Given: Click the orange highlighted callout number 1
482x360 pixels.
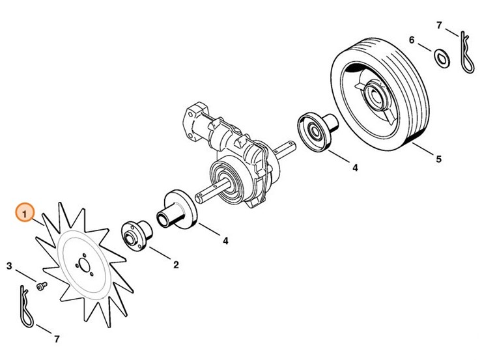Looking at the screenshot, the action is (x=25, y=212).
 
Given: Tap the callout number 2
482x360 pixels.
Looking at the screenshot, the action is (x=176, y=265).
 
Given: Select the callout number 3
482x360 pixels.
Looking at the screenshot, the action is (x=9, y=266).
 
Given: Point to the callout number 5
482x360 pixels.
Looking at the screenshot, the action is (x=438, y=159).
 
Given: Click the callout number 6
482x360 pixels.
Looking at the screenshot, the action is (x=412, y=40).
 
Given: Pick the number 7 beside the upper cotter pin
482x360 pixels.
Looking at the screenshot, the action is (x=439, y=25).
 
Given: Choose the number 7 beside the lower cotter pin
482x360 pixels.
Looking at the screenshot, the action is (x=57, y=339).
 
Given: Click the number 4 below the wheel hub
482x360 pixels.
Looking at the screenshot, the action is (x=355, y=168).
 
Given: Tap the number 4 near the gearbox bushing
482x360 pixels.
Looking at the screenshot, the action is (x=225, y=241).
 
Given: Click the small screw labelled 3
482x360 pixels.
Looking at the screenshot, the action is (x=42, y=286).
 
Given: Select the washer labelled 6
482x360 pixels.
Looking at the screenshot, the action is (x=442, y=59).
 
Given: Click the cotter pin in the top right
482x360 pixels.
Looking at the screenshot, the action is (x=466, y=52).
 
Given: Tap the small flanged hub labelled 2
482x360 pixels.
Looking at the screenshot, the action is (x=137, y=235).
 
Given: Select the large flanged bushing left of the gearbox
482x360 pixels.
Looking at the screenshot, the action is (x=177, y=210).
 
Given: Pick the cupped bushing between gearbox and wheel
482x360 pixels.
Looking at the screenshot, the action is (x=316, y=132).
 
